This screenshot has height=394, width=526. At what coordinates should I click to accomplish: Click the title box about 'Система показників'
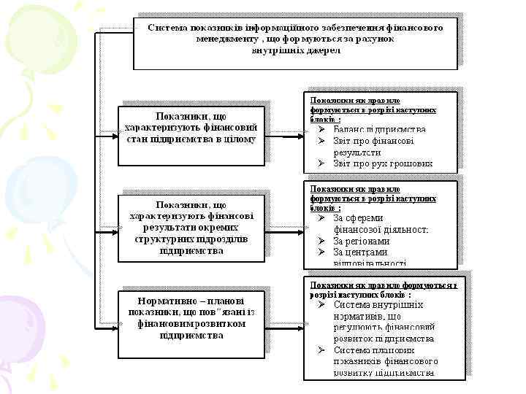[x=295, y=40]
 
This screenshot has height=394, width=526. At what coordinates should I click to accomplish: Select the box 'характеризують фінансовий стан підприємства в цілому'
[x=191, y=128]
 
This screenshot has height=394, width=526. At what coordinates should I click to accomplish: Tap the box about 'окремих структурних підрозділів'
[x=191, y=228]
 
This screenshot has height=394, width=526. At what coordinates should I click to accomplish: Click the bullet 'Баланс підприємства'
[x=379, y=130]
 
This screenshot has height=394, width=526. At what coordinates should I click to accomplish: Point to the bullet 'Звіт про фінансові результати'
[x=373, y=147]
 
